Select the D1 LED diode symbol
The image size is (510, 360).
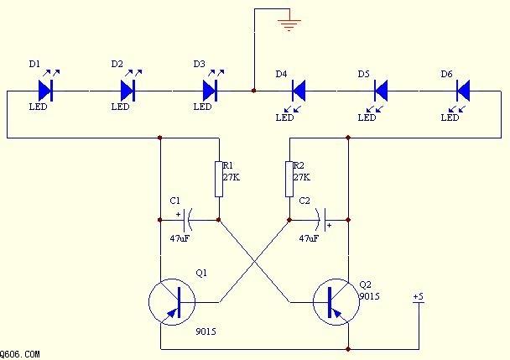45,91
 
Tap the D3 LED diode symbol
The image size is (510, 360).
210,91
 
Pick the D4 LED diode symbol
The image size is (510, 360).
299,91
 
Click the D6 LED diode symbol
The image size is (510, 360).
463,91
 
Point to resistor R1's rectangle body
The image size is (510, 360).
219,179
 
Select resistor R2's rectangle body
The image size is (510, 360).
289,179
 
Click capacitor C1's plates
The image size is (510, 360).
188,220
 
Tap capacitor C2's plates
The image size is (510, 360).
321,220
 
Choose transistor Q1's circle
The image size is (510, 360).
172,302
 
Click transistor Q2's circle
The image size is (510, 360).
336,302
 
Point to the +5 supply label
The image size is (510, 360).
419,297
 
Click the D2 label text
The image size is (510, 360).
117,64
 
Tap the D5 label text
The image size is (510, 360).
364,74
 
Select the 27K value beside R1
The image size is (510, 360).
232,177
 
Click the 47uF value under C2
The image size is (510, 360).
309,238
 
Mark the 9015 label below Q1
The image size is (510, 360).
206,331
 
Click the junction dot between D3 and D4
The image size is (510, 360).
254,91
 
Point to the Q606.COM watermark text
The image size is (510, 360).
20,354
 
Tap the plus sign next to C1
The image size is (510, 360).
178,215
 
